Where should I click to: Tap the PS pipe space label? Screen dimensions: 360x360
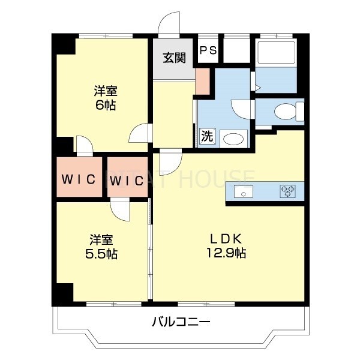[x=208, y=51]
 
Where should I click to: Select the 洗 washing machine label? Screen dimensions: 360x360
[x=206, y=136]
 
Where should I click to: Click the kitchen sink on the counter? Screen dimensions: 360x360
[x=244, y=192]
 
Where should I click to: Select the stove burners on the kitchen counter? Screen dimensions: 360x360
[x=288, y=192]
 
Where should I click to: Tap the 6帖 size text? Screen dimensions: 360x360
[x=106, y=105]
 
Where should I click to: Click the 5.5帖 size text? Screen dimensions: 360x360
[x=101, y=253]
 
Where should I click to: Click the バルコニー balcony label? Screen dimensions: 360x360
[x=180, y=322]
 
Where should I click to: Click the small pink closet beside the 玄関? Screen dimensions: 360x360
[x=202, y=80]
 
